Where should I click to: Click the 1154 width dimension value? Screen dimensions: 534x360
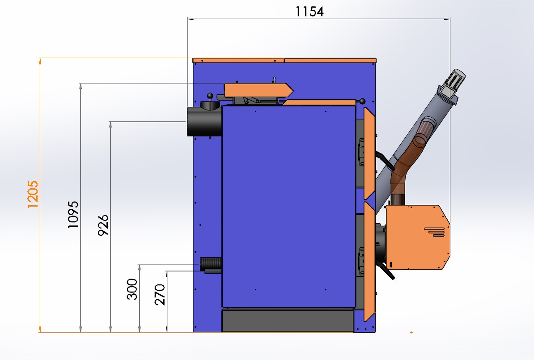point(309,12)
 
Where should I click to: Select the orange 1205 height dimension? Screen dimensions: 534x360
point(33,195)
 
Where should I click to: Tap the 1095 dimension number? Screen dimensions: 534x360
point(73,215)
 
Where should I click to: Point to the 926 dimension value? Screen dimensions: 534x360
point(103,225)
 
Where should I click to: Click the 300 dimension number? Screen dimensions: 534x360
point(132,289)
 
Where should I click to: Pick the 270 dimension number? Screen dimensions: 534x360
point(160,295)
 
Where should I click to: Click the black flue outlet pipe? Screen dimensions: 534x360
point(204,121)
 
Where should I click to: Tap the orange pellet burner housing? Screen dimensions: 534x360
point(418,237)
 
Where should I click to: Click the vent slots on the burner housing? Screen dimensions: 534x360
point(434,232)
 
